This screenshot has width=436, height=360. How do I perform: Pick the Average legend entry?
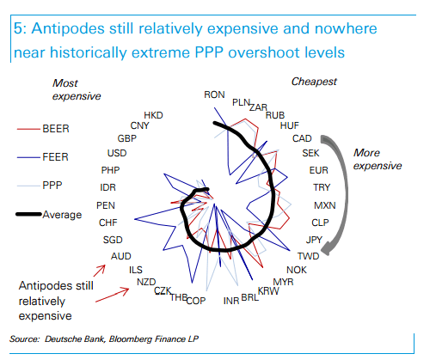60,214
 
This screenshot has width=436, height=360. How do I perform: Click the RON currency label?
214,95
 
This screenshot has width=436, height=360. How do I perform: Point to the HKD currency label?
153,114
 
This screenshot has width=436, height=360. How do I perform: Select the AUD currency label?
120,256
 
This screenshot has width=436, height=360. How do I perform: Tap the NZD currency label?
146,282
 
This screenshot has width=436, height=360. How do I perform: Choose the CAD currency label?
302,138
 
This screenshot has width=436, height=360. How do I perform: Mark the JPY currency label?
315,239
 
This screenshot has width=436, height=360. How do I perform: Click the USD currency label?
118,153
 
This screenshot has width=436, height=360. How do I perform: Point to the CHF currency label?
109,223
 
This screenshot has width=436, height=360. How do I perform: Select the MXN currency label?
324,205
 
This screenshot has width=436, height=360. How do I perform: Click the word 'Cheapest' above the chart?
314,82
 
